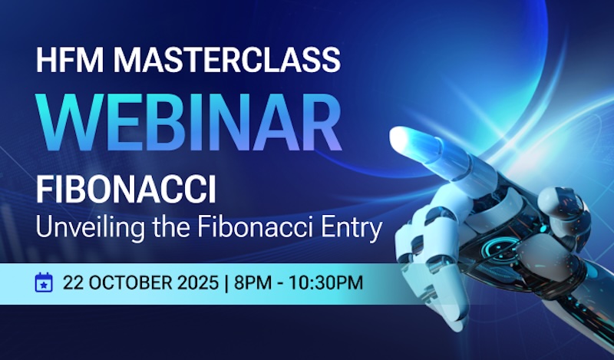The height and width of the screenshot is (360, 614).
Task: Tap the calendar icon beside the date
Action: click(x=45, y=282)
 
